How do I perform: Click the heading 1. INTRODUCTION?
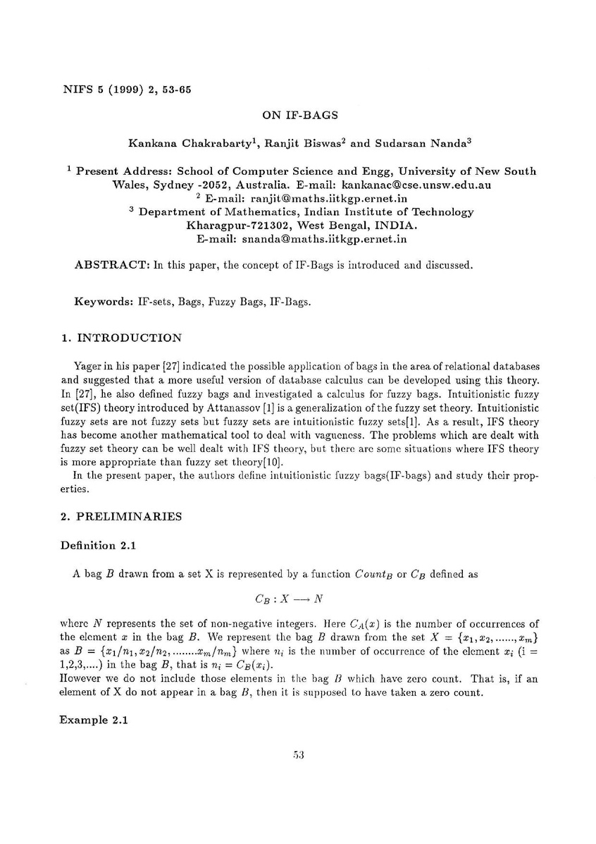(x=120, y=338)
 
